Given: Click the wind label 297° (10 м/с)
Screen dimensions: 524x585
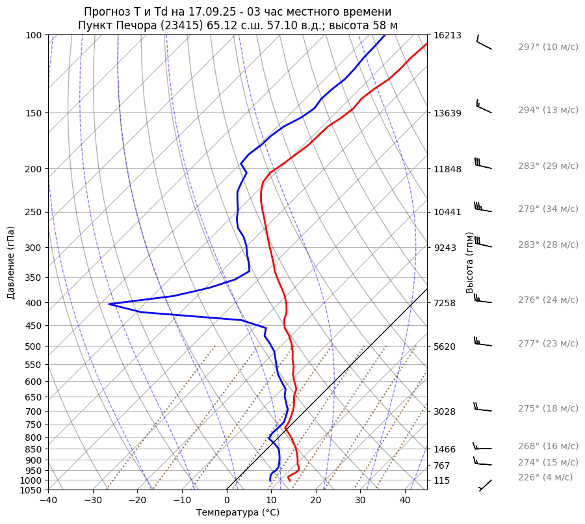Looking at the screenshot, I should [x=548, y=47].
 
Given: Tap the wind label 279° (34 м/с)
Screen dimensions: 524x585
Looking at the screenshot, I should [x=548, y=209].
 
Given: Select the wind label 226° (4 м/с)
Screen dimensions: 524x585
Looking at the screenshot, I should [x=545, y=477].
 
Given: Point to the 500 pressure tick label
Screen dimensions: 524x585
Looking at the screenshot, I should [x=34, y=346].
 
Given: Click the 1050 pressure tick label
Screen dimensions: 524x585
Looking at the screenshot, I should [x=31, y=490].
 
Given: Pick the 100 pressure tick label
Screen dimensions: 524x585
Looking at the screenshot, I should [x=34, y=35].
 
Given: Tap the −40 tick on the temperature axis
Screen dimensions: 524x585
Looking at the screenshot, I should [x=48, y=501].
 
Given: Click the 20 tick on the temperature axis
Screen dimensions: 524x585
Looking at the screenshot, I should [x=316, y=501].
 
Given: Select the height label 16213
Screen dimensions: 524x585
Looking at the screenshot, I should [x=447, y=35].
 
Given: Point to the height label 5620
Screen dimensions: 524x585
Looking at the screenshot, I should [x=445, y=346].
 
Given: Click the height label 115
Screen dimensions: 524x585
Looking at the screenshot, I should [x=442, y=480].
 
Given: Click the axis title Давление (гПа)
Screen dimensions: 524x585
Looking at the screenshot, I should [x=11, y=263].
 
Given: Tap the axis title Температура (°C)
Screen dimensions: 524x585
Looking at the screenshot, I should [x=238, y=513].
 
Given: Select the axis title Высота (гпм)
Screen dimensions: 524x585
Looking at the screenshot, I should [x=469, y=263].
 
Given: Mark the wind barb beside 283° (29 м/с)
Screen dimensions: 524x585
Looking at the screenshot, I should [x=483, y=164].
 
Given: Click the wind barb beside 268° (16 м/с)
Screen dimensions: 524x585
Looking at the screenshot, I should [x=482, y=447].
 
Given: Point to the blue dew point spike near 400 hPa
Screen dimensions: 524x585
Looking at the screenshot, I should [x=110, y=304].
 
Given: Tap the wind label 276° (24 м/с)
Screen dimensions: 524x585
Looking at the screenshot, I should [x=548, y=300].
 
